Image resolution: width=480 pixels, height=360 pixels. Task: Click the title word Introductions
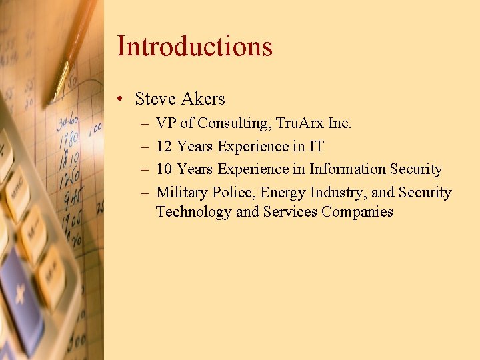(195, 46)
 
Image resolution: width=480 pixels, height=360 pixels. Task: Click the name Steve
(155, 99)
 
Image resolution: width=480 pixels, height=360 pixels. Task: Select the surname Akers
(203, 99)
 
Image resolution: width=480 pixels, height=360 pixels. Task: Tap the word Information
(345, 169)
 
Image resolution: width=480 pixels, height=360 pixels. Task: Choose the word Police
(234, 193)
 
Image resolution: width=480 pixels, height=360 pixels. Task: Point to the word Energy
(283, 193)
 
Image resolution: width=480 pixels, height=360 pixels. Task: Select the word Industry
(337, 193)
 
